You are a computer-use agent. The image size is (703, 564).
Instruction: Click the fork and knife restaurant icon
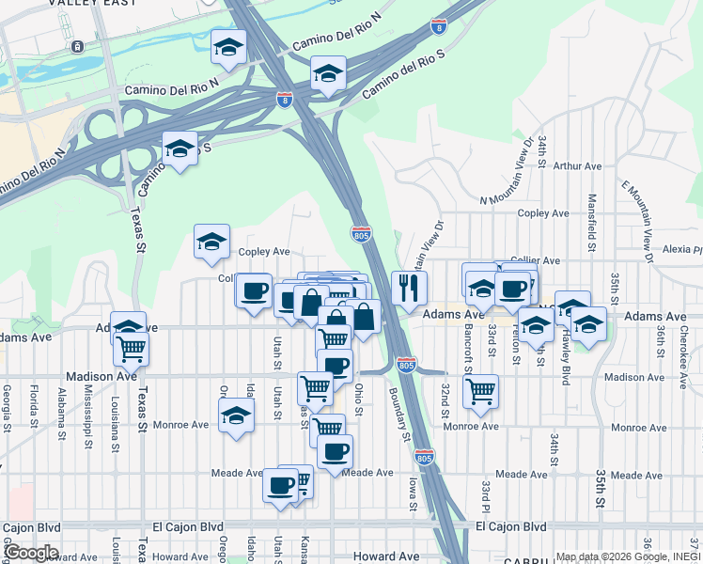click(409, 288)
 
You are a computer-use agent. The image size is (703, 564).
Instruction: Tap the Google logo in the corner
click(30, 552)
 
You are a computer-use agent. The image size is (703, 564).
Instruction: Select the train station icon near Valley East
click(77, 45)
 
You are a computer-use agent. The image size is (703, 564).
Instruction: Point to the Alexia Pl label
click(682, 250)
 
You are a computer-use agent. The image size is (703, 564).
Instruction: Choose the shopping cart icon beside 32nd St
click(480, 389)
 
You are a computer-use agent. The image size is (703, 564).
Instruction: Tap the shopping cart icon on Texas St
click(132, 349)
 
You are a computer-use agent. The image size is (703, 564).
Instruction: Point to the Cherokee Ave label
click(685, 348)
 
